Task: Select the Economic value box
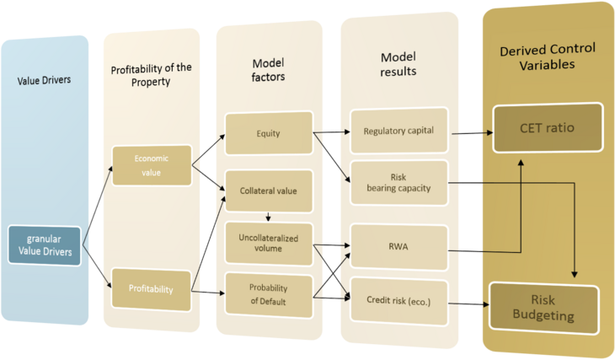(152, 166)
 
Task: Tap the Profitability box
(152, 289)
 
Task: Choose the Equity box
(268, 132)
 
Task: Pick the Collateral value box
(268, 191)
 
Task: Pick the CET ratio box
(548, 127)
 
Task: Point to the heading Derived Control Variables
(548, 56)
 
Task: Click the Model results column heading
(398, 64)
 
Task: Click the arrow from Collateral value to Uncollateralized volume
(268, 216)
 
